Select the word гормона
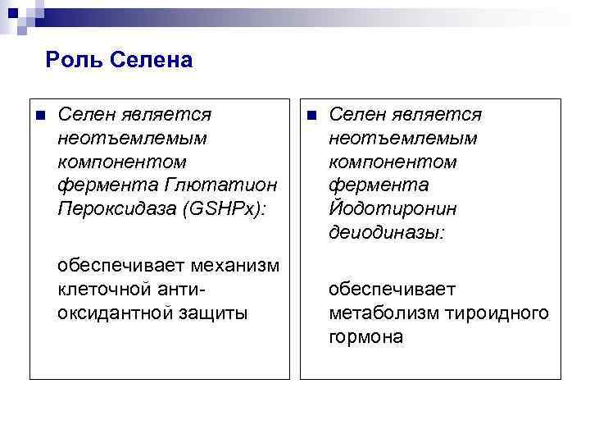pyautogui.click(x=365, y=336)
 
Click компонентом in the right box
pyautogui.click(x=393, y=162)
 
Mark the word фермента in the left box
pyautogui.click(x=99, y=185)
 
